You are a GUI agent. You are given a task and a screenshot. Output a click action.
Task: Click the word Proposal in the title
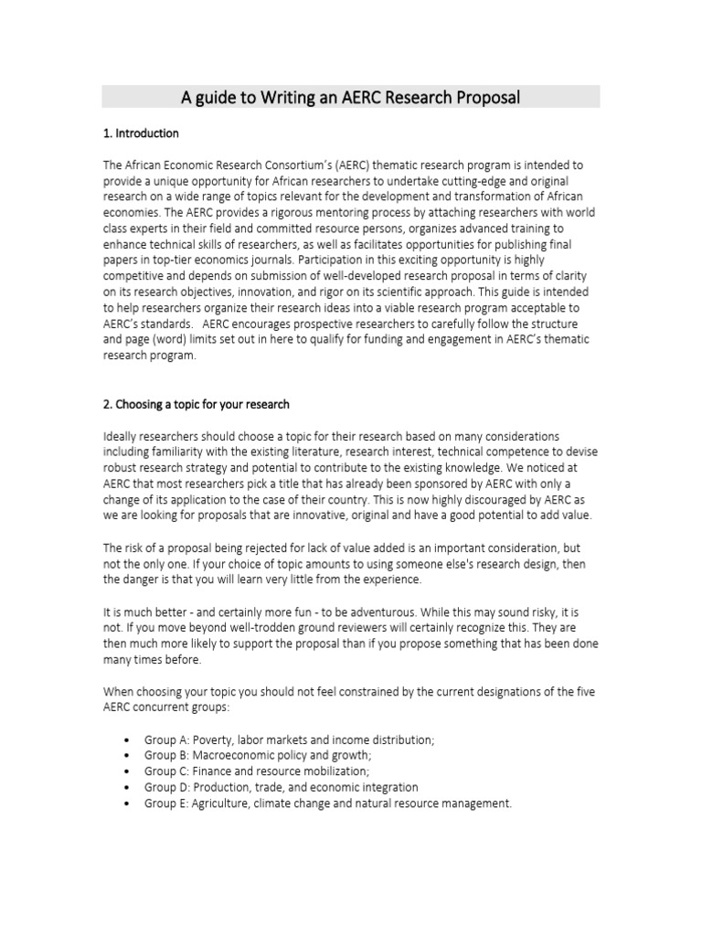click(486, 97)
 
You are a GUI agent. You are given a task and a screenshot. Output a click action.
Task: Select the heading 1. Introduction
click(141, 133)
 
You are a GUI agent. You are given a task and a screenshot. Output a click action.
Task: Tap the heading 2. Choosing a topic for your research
click(196, 404)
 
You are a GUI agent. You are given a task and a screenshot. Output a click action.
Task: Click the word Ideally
click(122, 436)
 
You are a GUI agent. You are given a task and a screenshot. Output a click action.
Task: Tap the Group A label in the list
click(167, 739)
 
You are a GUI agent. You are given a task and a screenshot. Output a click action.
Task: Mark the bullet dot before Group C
click(125, 771)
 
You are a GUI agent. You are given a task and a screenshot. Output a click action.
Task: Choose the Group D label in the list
click(167, 787)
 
